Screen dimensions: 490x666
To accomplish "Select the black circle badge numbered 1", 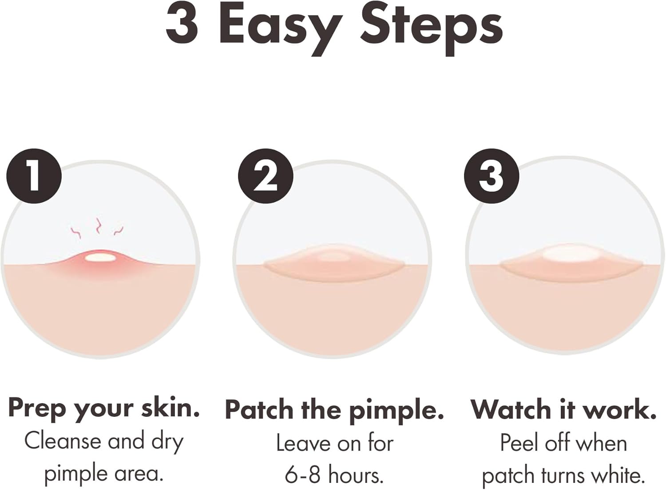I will click(x=34, y=176).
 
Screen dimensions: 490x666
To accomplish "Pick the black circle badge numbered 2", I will click(x=266, y=176).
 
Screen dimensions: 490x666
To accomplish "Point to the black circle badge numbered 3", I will click(x=492, y=176).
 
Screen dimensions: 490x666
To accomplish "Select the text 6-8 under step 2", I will click(x=302, y=475).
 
